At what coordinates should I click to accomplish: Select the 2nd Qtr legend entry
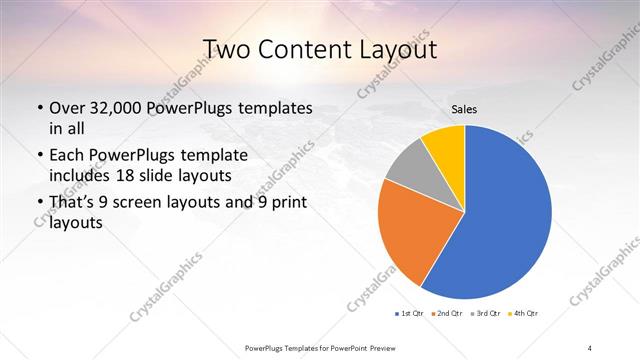446,313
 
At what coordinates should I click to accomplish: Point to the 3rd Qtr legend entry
484,313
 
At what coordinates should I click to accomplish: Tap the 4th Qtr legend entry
522,313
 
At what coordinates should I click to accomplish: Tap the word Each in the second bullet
66,157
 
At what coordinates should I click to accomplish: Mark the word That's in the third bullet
73,204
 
